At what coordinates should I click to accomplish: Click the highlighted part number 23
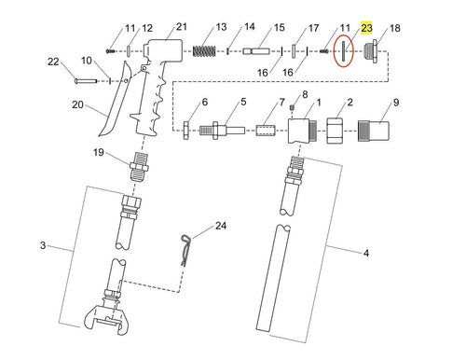pos(367,29)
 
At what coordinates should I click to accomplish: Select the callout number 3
pos(43,245)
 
